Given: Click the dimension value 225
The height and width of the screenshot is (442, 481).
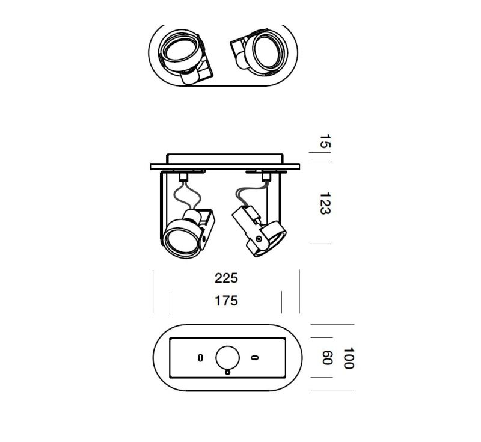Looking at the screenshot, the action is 227,278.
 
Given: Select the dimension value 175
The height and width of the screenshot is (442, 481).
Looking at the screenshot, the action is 227,301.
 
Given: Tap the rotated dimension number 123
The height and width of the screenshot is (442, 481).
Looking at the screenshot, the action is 325,204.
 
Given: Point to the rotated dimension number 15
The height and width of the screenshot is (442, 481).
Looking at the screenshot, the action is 325,141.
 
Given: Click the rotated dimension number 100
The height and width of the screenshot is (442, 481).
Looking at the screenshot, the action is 349,358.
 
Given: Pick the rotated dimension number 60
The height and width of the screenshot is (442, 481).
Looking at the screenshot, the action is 327,358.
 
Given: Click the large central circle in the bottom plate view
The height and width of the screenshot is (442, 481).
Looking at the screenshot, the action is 228,358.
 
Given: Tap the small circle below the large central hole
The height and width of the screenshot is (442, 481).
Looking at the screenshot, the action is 228,372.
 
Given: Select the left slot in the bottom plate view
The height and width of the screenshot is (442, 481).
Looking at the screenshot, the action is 200,358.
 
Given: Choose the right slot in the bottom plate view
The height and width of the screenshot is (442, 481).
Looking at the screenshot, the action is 254,358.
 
